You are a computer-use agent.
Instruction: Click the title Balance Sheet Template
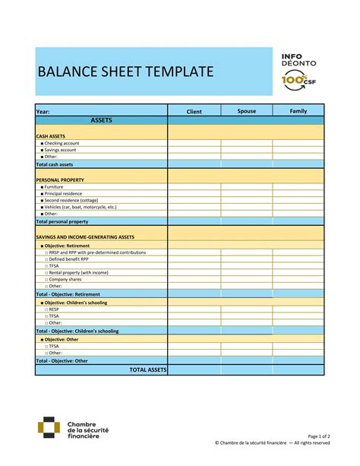(125, 72)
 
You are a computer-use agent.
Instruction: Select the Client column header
(194, 112)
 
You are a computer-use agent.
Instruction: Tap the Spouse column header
(247, 111)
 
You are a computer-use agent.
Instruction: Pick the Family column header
(298, 111)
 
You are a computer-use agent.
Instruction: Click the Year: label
(43, 112)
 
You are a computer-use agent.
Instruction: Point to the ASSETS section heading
(102, 120)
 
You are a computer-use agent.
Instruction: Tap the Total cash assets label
(55, 164)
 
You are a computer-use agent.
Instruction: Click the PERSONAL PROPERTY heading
(60, 179)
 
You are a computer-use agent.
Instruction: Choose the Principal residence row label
(65, 194)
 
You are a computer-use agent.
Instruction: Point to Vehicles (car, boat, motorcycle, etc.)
(80, 208)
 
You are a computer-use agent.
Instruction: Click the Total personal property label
(62, 221)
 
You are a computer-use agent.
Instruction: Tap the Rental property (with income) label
(78, 272)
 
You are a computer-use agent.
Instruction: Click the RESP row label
(53, 309)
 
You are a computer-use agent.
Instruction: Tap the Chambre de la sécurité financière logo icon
(50, 430)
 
